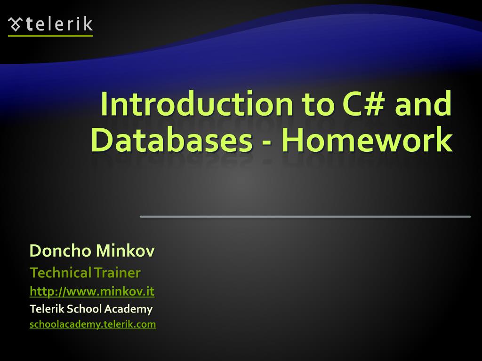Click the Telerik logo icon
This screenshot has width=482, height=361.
(16, 24)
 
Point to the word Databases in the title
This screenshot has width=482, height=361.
(171, 140)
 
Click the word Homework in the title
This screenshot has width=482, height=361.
(367, 140)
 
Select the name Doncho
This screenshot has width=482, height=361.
(60, 251)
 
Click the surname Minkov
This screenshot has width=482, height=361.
(125, 251)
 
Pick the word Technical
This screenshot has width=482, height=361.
(60, 273)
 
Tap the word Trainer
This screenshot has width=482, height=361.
(117, 273)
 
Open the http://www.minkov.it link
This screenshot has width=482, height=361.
(92, 291)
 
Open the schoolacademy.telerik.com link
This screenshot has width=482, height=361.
(93, 324)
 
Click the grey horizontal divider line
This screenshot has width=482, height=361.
(305, 216)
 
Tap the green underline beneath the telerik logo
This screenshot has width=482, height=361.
(50, 35)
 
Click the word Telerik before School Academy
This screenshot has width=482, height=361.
(47, 309)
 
